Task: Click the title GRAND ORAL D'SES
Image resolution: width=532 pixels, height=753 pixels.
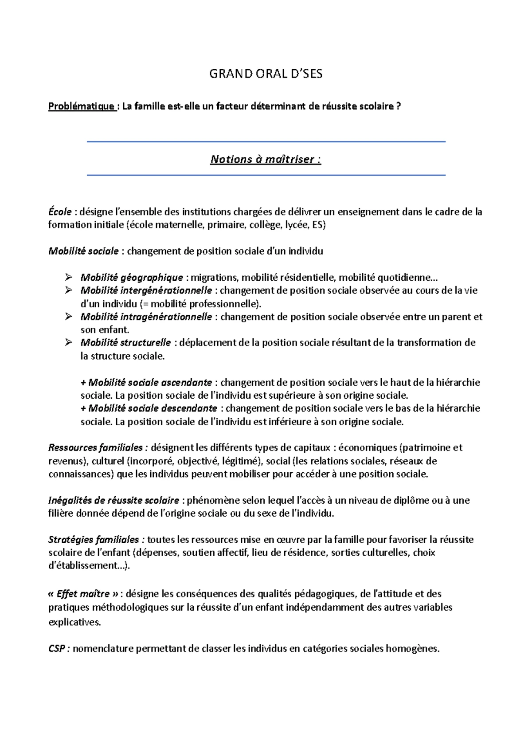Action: tap(266, 74)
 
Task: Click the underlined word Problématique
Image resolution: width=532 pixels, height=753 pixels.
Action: tap(82, 107)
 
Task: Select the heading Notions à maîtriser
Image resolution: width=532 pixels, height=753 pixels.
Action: tap(266, 159)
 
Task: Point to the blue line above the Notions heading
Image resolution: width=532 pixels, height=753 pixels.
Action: tap(266, 142)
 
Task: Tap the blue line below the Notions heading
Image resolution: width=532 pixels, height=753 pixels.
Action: tap(266, 176)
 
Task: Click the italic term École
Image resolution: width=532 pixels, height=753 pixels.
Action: tap(59, 212)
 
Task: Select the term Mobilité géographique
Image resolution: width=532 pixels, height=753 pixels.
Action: tap(132, 278)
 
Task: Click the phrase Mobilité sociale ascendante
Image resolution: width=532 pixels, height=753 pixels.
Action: tap(150, 382)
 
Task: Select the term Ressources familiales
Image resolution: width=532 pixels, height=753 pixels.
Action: tap(95, 447)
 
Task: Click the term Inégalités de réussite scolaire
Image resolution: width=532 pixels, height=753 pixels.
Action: tap(113, 500)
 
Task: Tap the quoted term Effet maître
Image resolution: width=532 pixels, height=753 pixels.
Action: tap(84, 594)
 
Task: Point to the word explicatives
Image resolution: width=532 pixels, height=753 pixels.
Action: tap(74, 622)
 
